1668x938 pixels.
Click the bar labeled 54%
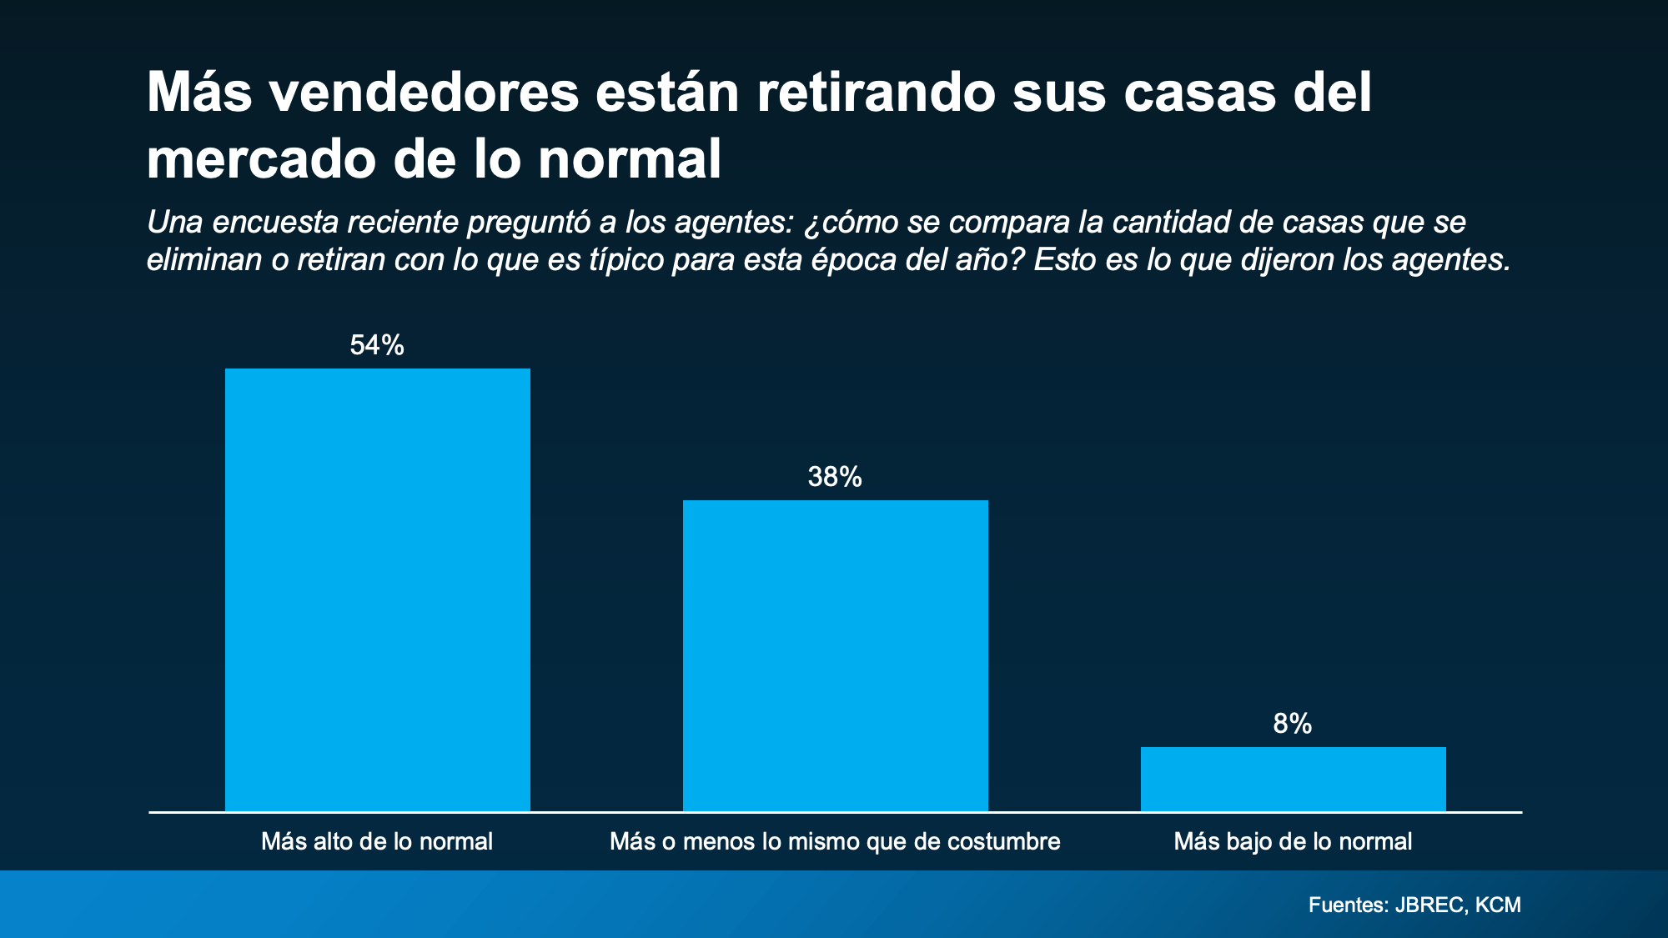click(x=377, y=589)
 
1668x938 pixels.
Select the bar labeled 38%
click(x=835, y=655)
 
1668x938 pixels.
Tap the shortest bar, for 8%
click(x=1293, y=779)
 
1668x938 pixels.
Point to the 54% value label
click(x=377, y=345)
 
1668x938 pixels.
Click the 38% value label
click(x=835, y=477)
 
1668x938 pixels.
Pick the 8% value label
click(x=1293, y=724)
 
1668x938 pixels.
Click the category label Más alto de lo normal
click(x=377, y=841)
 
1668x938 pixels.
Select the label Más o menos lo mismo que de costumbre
click(x=835, y=841)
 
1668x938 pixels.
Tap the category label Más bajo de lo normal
click(x=1293, y=841)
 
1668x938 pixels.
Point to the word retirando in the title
click(x=876, y=93)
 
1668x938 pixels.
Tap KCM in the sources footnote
click(x=1498, y=905)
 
